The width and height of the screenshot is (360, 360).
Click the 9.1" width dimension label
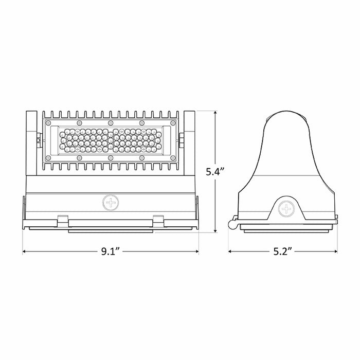(111, 251)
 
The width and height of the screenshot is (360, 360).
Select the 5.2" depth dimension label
(283, 251)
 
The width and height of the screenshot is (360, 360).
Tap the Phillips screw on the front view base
(111, 202)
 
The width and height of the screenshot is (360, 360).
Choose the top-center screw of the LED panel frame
(111, 123)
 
